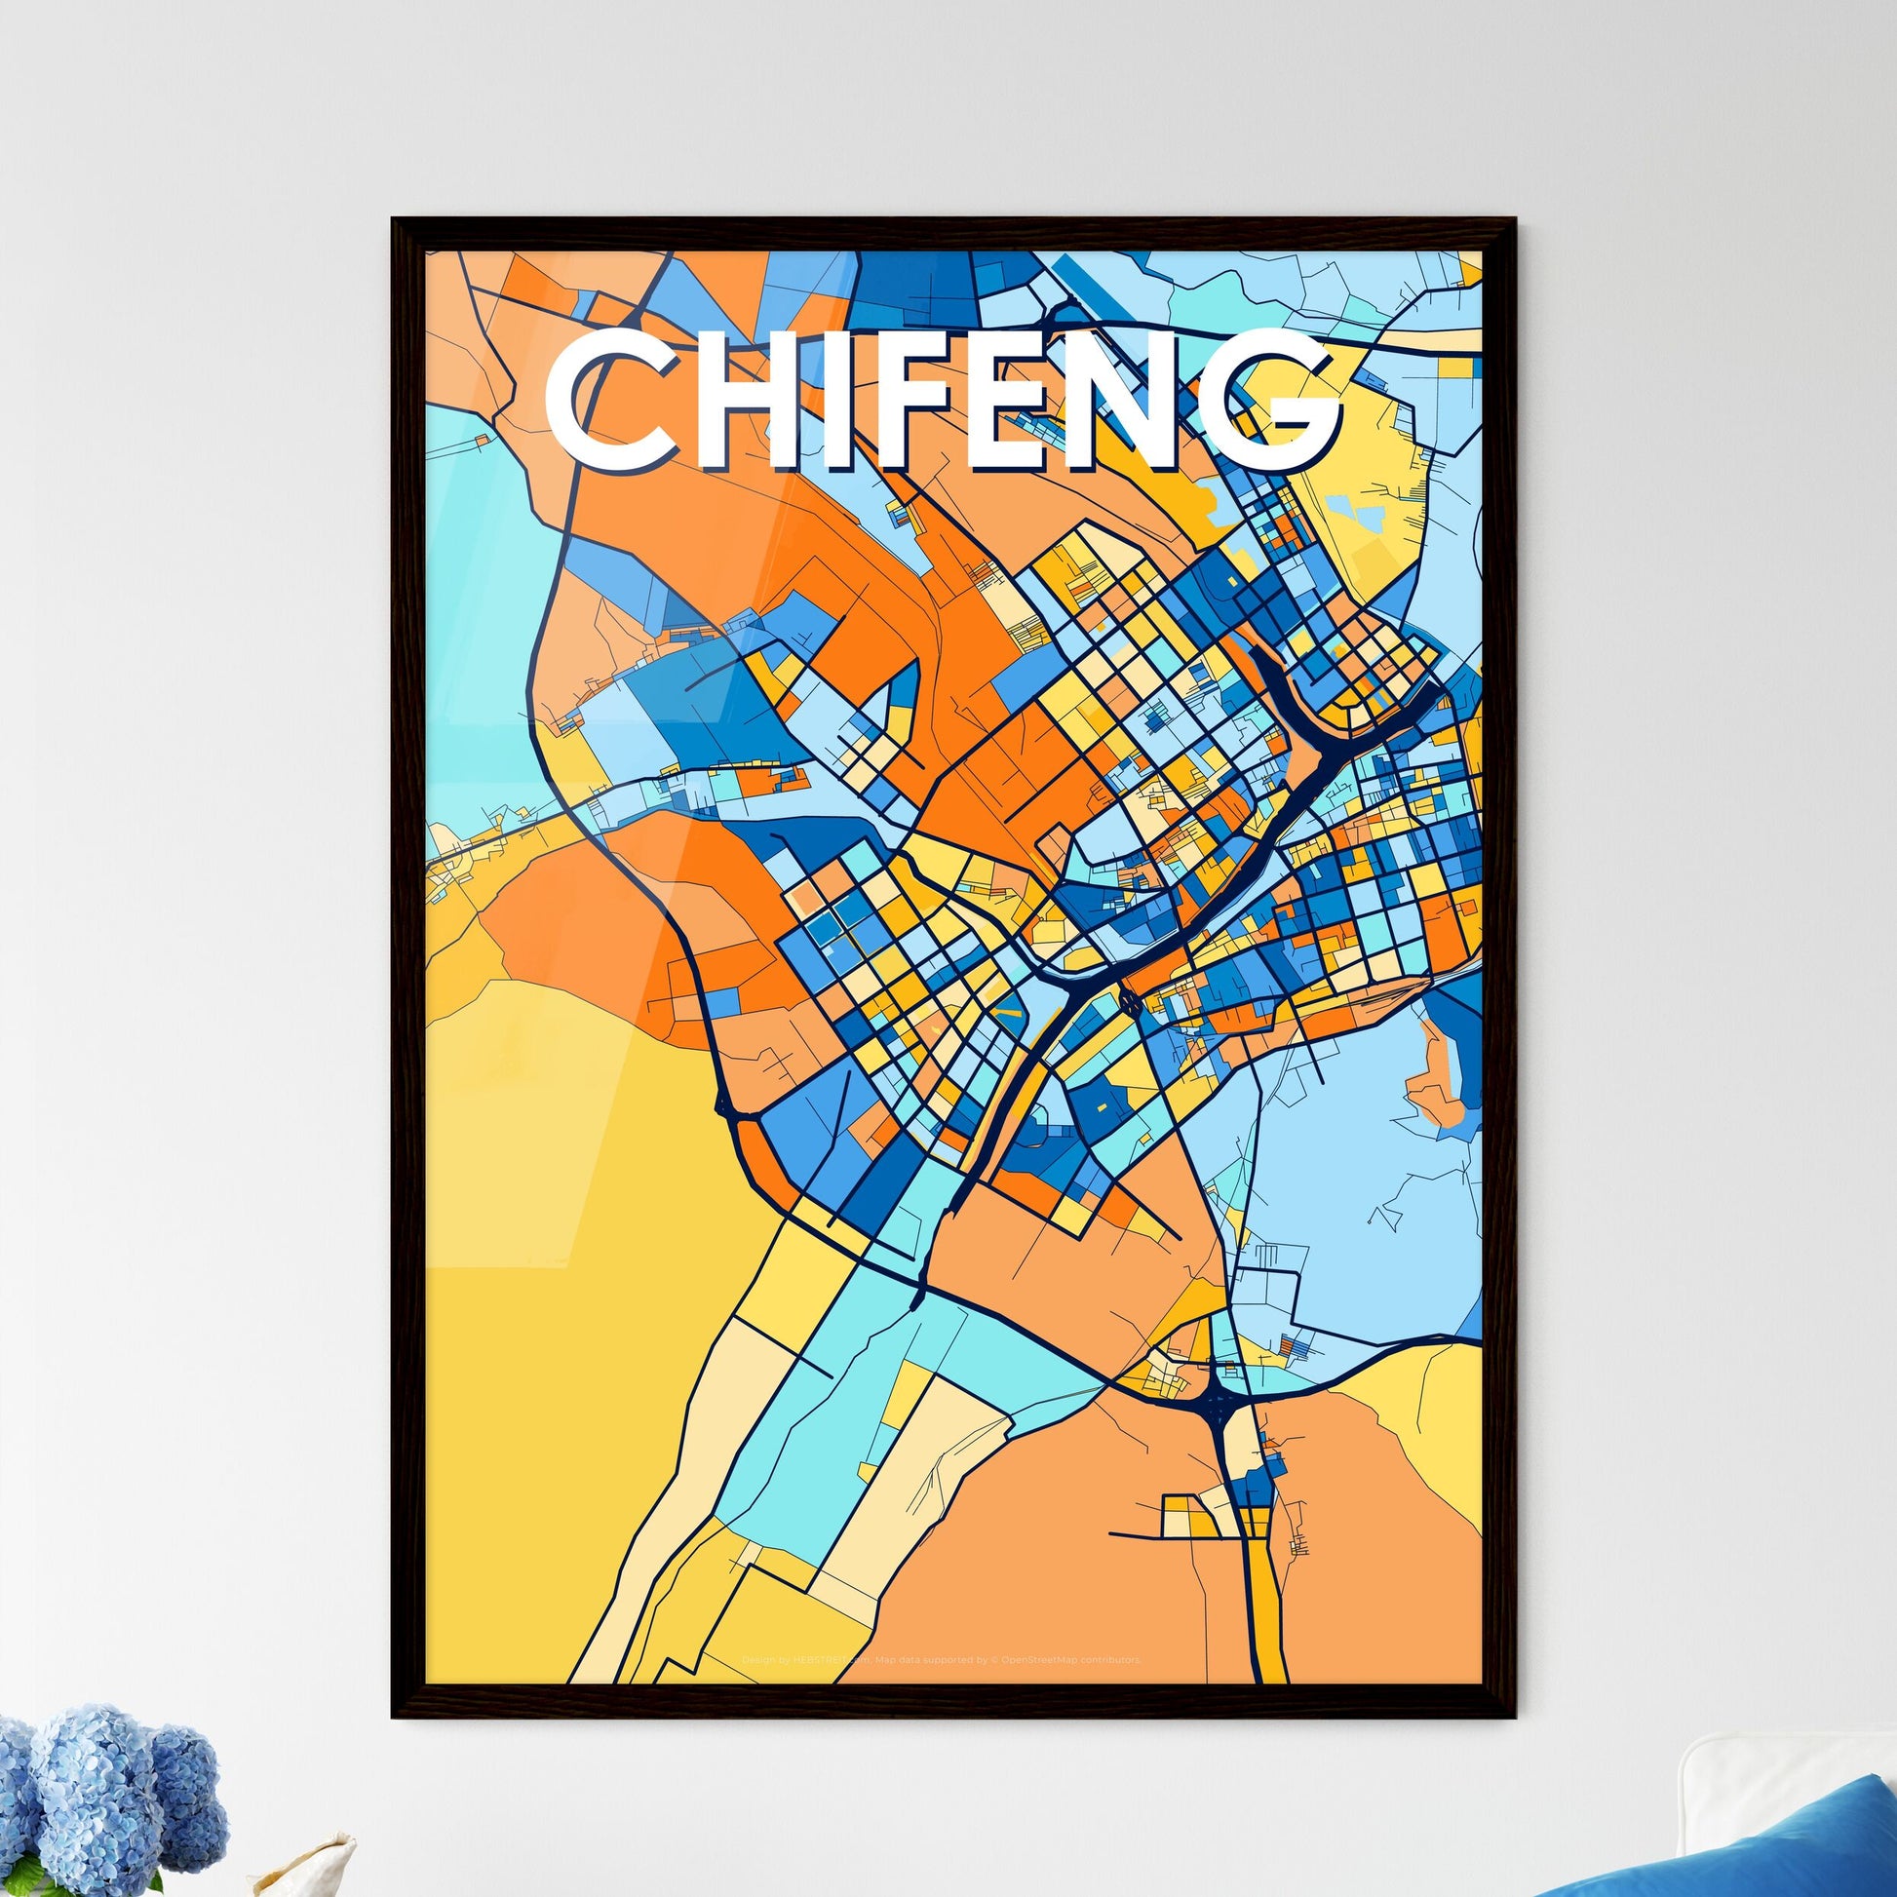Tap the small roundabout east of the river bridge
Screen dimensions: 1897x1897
coord(1129,1000)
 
